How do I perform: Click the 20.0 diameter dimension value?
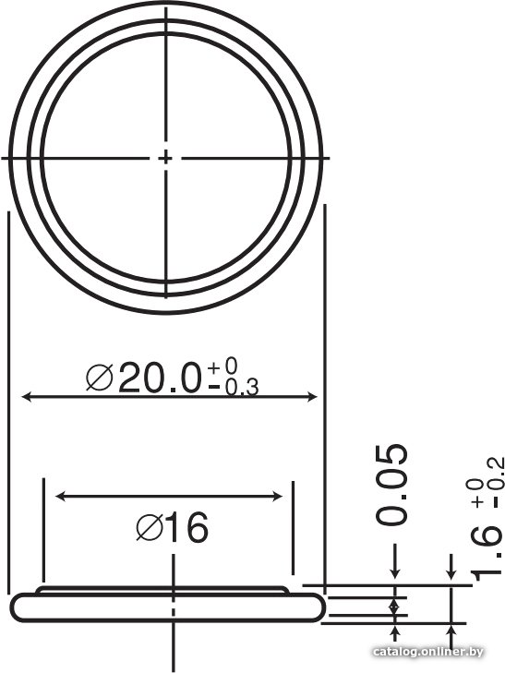pos(160,378)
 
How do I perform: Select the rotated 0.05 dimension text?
pos(391,485)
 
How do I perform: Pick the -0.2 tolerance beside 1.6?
pos(495,483)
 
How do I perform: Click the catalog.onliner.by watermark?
pos(428,653)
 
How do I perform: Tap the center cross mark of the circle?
pos(165,159)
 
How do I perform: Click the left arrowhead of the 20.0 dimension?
pos(27,397)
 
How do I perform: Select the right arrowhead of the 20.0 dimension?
pos(312,397)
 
